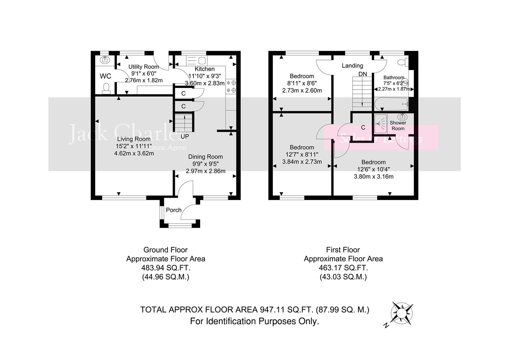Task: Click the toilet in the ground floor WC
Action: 106,88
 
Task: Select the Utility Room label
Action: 144,67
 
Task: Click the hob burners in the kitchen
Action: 232,86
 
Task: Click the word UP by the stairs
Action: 185,136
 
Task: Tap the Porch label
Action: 174,210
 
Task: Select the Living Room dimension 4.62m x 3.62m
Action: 134,153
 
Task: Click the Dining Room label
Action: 206,157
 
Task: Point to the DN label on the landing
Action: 362,74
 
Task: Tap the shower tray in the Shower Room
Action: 380,124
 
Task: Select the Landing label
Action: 352,66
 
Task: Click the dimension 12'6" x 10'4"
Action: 373,169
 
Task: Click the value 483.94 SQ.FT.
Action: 166,268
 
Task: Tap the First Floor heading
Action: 343,250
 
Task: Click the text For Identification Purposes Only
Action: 254,321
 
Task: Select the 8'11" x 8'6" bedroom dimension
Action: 302,83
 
